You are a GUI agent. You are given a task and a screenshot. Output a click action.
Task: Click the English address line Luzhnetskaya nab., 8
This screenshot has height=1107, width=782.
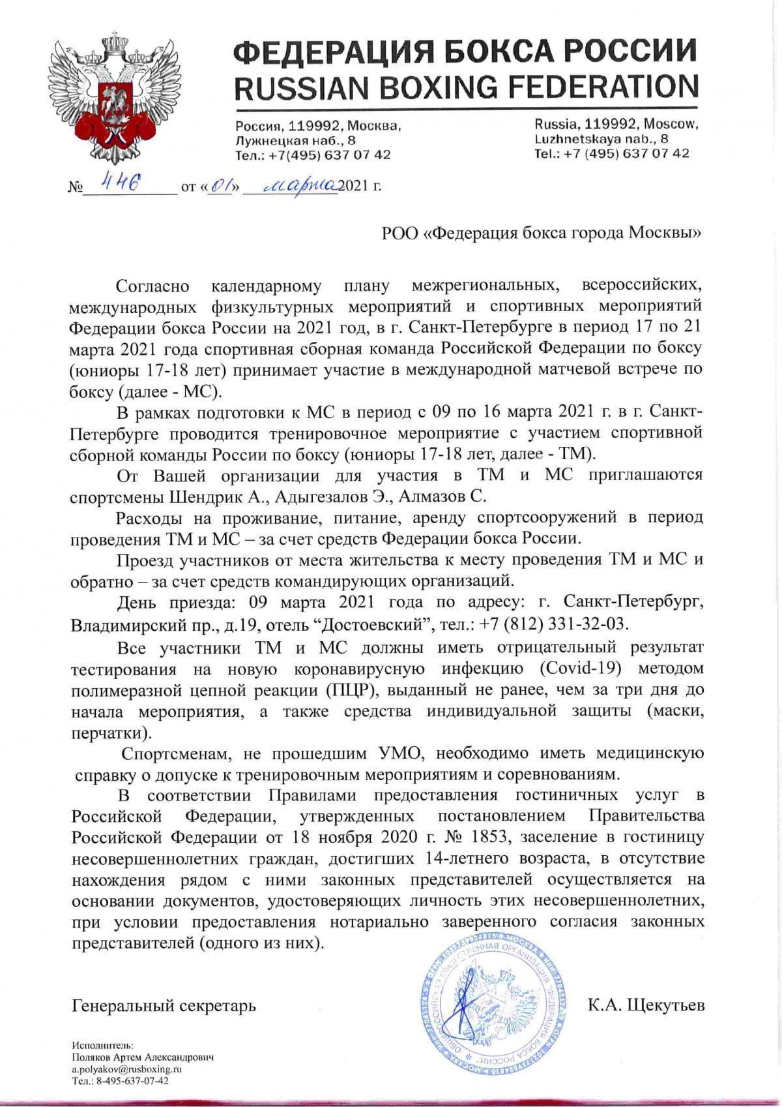[x=601, y=138]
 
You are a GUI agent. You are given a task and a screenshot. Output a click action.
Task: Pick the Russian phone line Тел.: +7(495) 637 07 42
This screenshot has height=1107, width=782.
[x=313, y=155]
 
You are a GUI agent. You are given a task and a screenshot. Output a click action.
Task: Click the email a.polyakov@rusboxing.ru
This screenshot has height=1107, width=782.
[x=126, y=1069]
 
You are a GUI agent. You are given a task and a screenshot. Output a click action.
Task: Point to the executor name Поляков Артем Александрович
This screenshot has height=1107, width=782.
[x=143, y=1057]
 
